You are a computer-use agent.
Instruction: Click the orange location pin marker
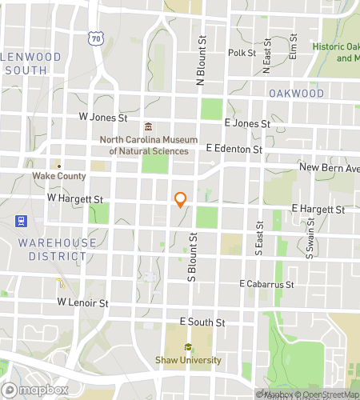coord(181,199)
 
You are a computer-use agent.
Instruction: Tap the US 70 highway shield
coord(97,38)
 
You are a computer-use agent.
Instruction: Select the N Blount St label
coord(202,60)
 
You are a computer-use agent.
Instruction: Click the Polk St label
coord(241,53)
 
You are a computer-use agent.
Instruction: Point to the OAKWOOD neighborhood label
coord(296,94)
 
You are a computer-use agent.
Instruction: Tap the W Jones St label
coord(103,117)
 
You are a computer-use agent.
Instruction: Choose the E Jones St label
coord(248,123)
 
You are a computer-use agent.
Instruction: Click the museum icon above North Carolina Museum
coord(148,127)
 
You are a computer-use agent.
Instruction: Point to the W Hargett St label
coord(75,197)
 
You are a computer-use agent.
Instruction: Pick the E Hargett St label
coord(318,209)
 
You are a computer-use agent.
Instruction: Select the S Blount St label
coord(193,258)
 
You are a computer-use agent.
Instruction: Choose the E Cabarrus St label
coord(268,284)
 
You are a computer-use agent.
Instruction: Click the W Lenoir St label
coord(82,303)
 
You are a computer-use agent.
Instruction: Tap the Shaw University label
coord(188,360)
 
